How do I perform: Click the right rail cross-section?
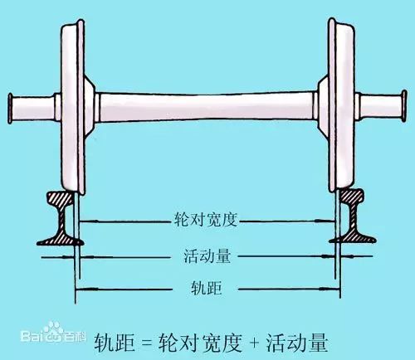tap(353, 217)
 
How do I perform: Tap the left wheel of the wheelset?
tap(72, 106)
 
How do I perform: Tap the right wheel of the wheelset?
tap(341, 105)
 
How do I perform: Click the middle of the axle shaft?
tap(206, 107)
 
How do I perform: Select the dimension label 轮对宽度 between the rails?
tap(206, 220)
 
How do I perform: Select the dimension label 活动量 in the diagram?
tap(207, 256)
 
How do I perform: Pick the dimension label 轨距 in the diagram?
tap(207, 288)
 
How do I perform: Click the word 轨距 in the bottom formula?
tap(115, 343)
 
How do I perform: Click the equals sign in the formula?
tap(147, 343)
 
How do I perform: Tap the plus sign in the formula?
tap(254, 343)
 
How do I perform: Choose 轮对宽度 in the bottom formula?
tap(200, 343)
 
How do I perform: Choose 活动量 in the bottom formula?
tap(297, 343)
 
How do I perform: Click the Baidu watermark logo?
tap(53, 333)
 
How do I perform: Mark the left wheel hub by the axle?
tap(90, 107)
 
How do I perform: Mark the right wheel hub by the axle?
tap(323, 105)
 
